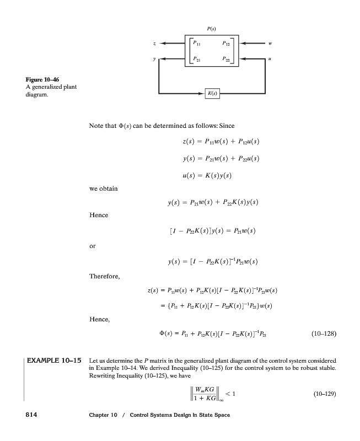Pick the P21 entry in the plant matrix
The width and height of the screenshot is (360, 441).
point(197,57)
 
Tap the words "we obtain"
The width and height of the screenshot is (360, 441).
point(103,189)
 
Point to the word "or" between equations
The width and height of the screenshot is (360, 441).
point(92,246)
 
